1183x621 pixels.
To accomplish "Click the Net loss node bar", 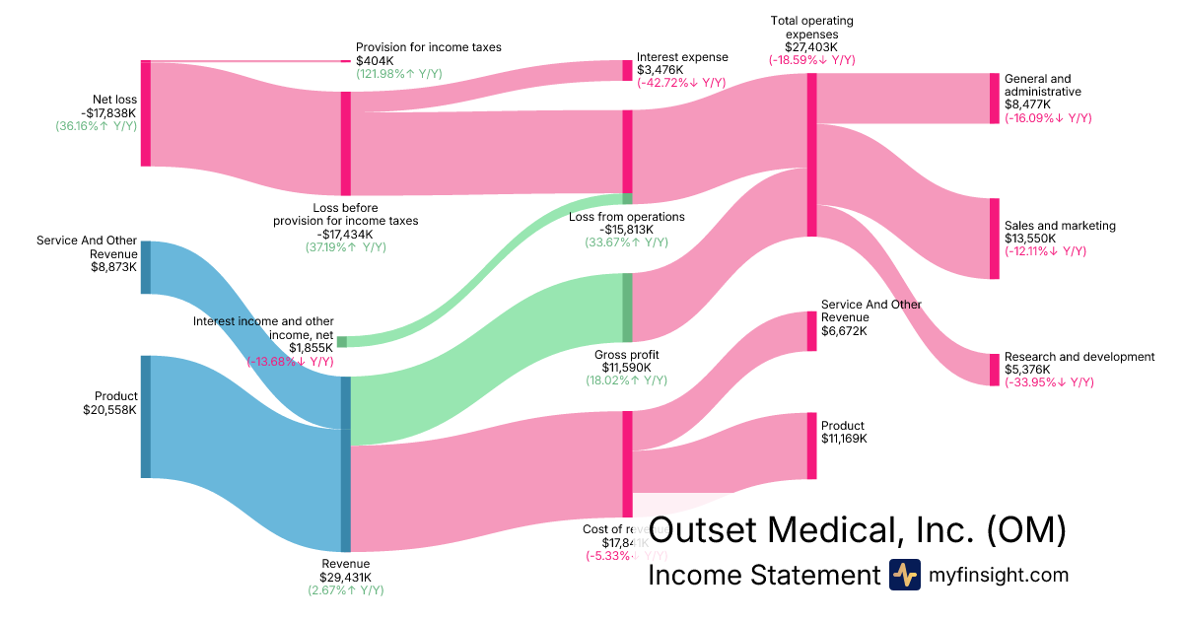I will (x=145, y=113).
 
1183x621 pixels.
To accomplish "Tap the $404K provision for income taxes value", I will (x=375, y=61).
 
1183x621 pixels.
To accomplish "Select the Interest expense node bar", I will (x=627, y=70).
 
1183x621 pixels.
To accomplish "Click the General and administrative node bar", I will (x=994, y=98).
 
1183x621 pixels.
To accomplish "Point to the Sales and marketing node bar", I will (x=994, y=239).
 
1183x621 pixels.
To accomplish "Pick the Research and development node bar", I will (x=994, y=370).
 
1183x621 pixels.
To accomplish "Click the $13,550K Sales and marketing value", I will (x=1030, y=239).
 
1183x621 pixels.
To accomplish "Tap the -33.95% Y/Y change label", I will (x=1049, y=382).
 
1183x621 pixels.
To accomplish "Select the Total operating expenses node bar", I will (x=811, y=155).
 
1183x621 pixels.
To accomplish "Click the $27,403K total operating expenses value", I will (x=811, y=46).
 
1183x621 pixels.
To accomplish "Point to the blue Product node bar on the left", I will (x=145, y=417).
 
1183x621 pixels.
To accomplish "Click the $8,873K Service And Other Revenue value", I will (x=113, y=266).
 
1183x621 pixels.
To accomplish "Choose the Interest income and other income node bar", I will (x=342, y=342).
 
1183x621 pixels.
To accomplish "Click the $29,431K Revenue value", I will (x=345, y=577).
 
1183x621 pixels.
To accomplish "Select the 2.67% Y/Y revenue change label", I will (x=345, y=589).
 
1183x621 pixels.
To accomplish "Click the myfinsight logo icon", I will (x=904, y=575).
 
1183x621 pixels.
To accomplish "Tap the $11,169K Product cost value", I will (x=844, y=438).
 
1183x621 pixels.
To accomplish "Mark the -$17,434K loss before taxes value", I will (x=345, y=234).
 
